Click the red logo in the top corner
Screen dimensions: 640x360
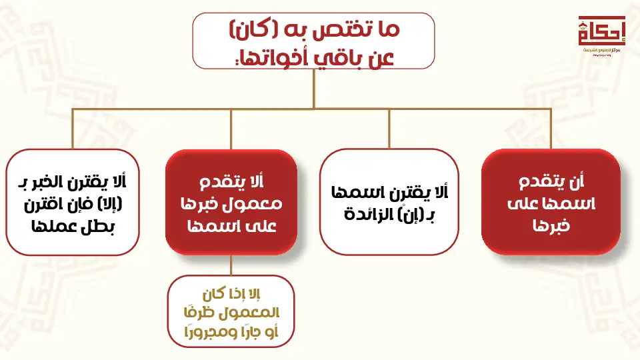(x=601, y=35)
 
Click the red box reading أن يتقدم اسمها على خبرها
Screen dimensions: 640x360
(x=551, y=201)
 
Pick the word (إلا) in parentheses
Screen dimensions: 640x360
(x=110, y=204)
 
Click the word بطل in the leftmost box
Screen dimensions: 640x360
(x=97, y=226)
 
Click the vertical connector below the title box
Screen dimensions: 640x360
(x=313, y=89)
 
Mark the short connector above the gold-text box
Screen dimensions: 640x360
(x=231, y=265)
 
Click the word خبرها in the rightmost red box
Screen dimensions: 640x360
(x=551, y=226)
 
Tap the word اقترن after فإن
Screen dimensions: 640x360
(x=44, y=204)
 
